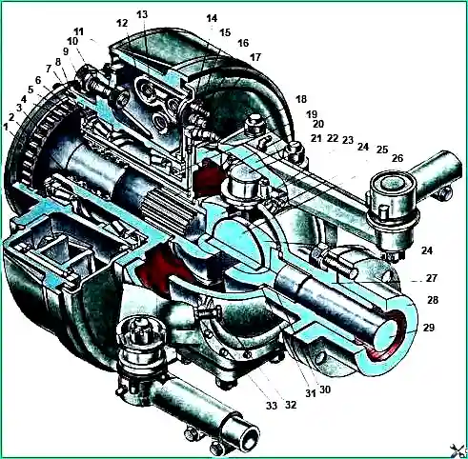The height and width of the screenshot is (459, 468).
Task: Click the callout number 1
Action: point(6,127)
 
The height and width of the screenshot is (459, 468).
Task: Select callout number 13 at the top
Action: point(142,14)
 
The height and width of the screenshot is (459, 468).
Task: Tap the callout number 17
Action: point(255,57)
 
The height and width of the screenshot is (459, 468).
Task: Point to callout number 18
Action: point(301,99)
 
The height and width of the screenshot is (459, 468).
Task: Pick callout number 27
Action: point(432,278)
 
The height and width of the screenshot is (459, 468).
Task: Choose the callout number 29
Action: point(429,328)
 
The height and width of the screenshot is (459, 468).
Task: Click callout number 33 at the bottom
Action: point(272,406)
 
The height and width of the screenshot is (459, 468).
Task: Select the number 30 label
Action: point(325,389)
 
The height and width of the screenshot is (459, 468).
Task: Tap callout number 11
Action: point(78,31)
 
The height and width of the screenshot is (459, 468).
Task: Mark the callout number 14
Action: point(212,18)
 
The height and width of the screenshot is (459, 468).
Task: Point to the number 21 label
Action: point(316,138)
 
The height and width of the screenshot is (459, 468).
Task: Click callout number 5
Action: point(31,90)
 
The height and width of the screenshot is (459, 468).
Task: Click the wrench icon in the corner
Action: point(459,450)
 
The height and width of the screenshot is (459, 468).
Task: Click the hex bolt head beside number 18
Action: point(254,123)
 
